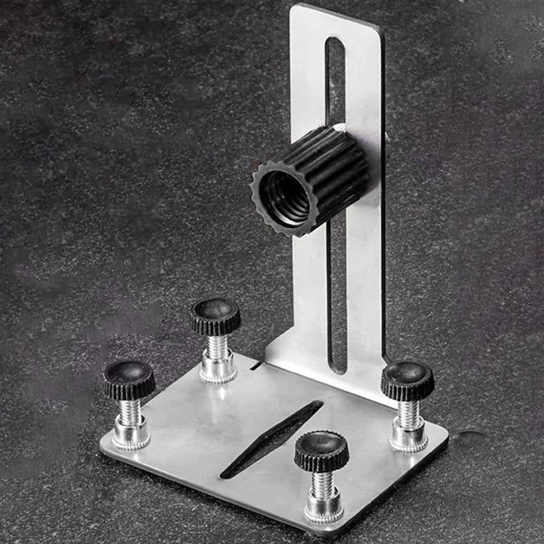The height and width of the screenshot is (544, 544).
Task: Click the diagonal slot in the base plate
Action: click(272, 439)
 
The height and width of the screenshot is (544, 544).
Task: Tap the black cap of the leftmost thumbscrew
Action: click(129, 378)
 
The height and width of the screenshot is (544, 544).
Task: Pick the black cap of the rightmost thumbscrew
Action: click(407, 379)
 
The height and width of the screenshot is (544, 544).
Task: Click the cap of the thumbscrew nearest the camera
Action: click(321, 449)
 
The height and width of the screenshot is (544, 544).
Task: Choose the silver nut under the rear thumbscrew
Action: click(218, 368)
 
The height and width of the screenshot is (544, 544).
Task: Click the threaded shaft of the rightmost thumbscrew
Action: click(409, 413)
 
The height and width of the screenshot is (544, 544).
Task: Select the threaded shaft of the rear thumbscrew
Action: click(218, 347)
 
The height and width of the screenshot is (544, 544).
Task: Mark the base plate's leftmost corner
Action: click(102, 449)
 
